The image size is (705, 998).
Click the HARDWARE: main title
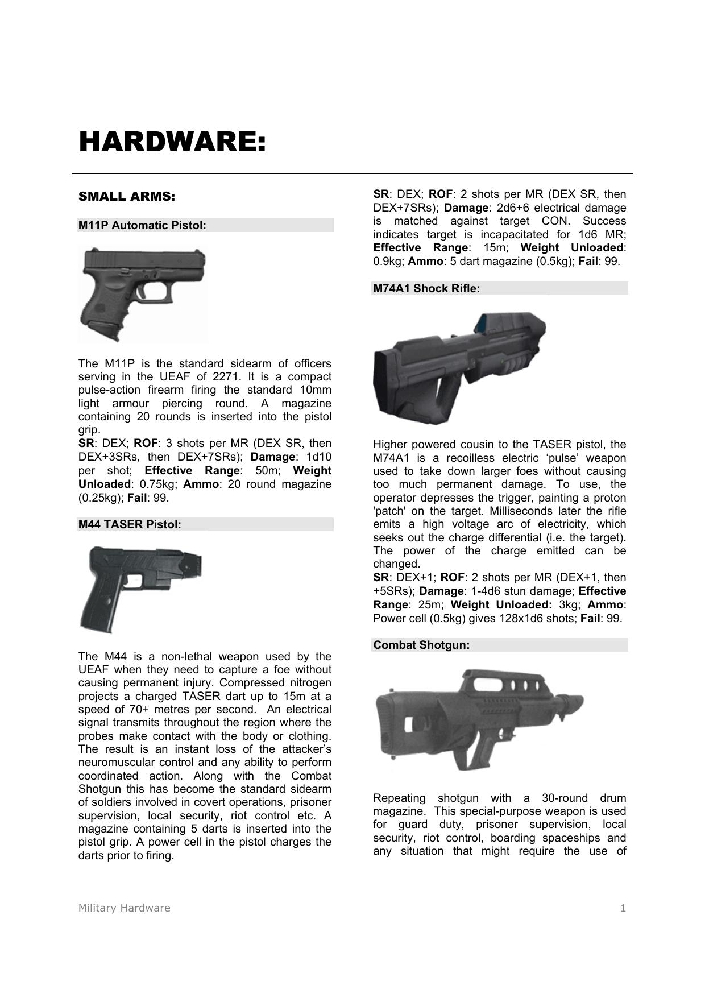tap(172, 142)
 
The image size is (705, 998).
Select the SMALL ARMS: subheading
tap(126, 197)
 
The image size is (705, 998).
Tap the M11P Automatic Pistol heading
tap(142, 226)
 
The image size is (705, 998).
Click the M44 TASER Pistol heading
tap(130, 524)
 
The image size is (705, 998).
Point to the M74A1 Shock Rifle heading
tap(426, 289)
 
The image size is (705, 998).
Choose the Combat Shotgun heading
tap(421, 645)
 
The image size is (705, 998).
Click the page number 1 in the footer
tap(623, 908)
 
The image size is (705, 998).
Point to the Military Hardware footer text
tap(124, 908)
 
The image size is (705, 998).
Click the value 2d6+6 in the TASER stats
tap(513, 208)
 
